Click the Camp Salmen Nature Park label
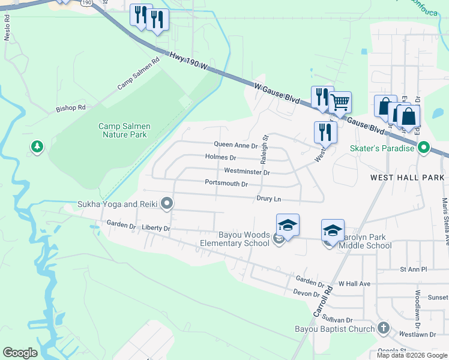[124, 131]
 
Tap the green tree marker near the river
[37, 146]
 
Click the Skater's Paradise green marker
[424, 148]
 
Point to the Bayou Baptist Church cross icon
[384, 328]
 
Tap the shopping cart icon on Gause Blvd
[340, 102]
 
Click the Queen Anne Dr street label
[236, 145]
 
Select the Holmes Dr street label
[220, 157]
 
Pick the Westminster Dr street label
[247, 171]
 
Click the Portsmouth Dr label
[226, 183]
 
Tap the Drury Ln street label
[269, 198]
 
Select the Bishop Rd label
[71, 109]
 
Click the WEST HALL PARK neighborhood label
[407, 178]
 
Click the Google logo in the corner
[20, 353]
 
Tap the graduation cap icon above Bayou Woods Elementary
[288, 225]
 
